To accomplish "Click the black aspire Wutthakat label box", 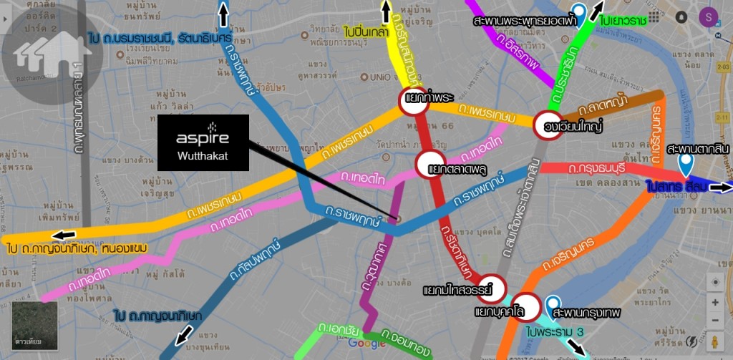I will tap(203, 142).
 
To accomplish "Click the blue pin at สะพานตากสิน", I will tap(686, 165).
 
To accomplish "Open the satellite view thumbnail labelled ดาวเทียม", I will tap(35, 326).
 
